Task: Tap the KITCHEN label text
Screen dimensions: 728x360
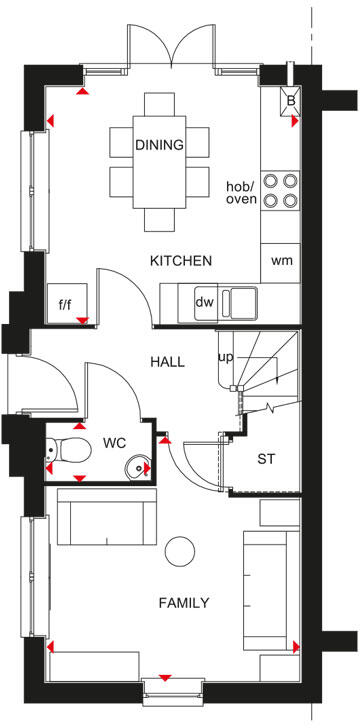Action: (180, 261)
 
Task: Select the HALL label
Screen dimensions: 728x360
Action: (167, 362)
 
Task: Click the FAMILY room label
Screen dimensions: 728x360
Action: (183, 603)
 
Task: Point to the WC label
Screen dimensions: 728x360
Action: (113, 443)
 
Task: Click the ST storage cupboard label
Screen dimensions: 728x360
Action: (265, 460)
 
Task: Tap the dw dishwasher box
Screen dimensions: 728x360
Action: (205, 301)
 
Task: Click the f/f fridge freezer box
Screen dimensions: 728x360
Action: (67, 303)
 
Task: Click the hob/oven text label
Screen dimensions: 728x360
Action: (241, 192)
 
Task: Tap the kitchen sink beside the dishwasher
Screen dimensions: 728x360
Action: (241, 300)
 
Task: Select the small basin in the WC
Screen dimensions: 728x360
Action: (139, 467)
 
